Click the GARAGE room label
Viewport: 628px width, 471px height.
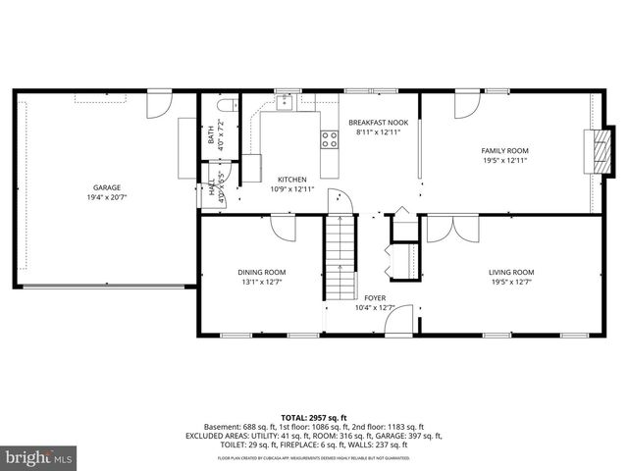click(x=107, y=187)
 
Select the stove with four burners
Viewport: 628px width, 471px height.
click(x=330, y=139)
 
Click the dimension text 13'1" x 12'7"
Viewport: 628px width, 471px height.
click(x=261, y=283)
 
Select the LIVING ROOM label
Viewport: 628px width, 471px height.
click(x=511, y=272)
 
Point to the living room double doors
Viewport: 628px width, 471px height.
click(x=454, y=228)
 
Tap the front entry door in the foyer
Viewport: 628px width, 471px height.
click(x=408, y=320)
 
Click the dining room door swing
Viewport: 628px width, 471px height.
click(x=284, y=229)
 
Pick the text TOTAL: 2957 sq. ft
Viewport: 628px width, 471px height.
click(x=313, y=417)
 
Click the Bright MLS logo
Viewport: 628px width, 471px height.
click(x=39, y=457)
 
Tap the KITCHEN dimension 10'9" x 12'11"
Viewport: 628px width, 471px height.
click(x=291, y=188)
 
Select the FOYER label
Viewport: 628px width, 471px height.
click(x=375, y=298)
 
